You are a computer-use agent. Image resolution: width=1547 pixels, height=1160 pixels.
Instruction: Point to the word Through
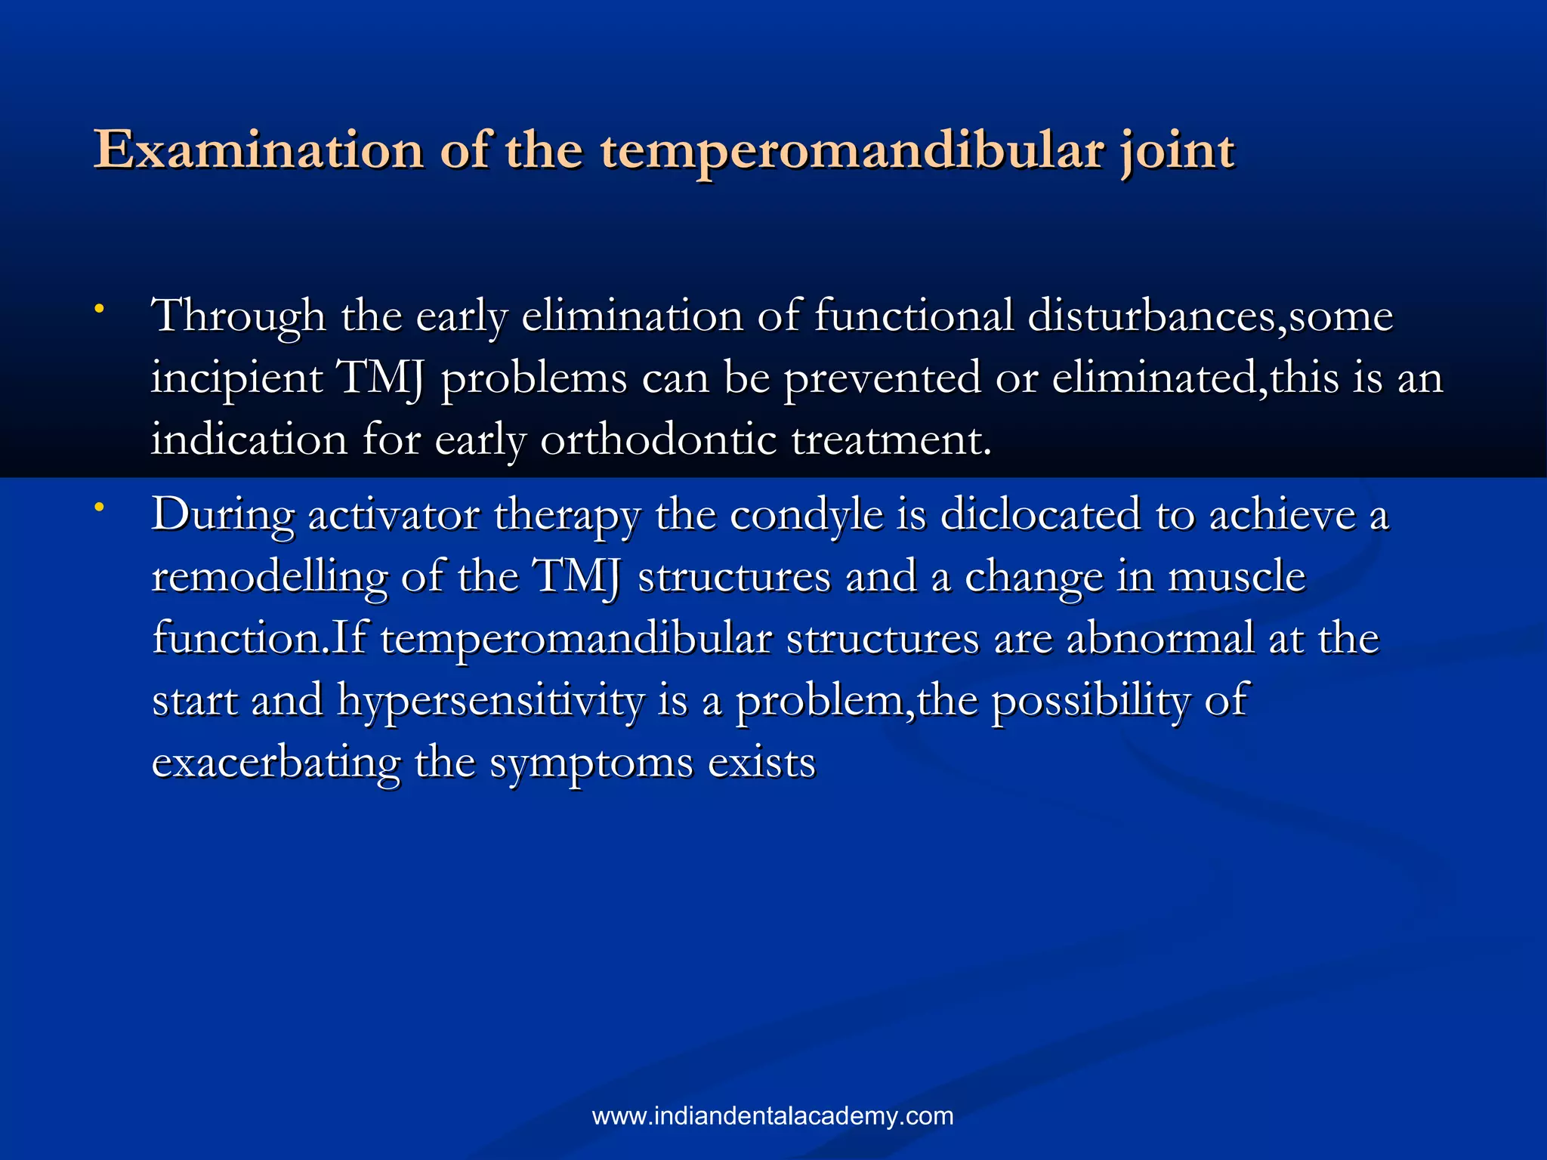[x=238, y=316]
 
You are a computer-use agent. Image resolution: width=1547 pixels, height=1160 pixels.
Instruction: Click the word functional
[x=913, y=315]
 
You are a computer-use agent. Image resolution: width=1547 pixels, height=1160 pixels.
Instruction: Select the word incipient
[x=236, y=378]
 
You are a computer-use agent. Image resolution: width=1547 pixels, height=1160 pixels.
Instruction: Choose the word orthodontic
[x=658, y=440]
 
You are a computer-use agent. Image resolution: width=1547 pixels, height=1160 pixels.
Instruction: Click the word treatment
[x=891, y=440]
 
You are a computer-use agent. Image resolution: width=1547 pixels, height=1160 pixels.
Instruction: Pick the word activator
[x=394, y=516]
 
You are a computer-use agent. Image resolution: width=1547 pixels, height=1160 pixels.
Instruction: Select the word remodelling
[x=269, y=578]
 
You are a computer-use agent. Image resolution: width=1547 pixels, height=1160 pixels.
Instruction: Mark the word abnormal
[x=1160, y=639]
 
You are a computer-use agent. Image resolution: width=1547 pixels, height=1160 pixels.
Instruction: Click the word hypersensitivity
[x=490, y=702]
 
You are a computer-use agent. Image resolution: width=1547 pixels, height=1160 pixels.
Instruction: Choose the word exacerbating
[x=276, y=764]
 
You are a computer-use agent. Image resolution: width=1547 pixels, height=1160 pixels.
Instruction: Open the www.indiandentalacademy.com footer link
[x=773, y=1116]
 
